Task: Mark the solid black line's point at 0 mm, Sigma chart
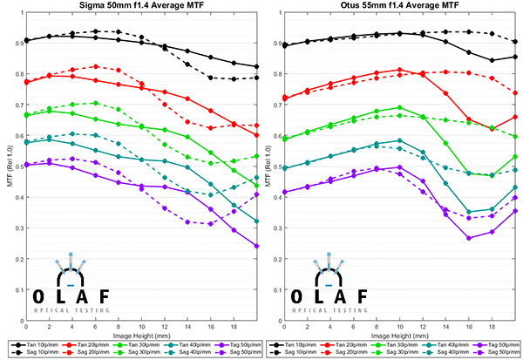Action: click(x=27, y=40)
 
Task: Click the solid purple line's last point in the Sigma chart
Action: click(x=256, y=246)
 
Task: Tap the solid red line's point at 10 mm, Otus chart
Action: click(x=399, y=70)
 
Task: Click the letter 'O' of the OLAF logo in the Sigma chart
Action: click(x=36, y=295)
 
